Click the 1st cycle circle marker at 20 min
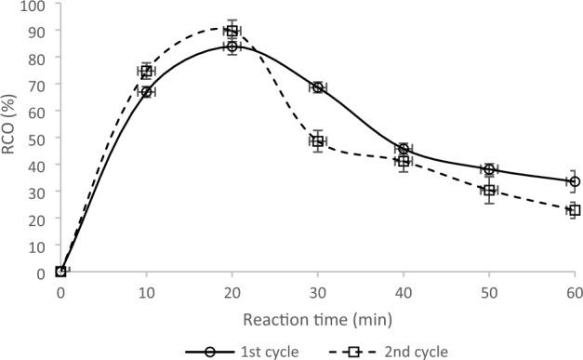click(232, 47)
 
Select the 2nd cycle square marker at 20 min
click(232, 31)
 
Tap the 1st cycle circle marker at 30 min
click(317, 87)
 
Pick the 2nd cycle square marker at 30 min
click(317, 141)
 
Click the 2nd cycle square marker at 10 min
click(146, 72)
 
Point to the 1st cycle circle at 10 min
click(146, 92)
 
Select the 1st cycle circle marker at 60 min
click(574, 181)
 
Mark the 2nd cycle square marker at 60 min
click(574, 210)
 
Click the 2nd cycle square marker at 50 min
click(488, 191)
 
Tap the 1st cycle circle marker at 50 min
click(488, 169)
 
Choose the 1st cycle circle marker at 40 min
click(403, 149)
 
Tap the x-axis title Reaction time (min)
click(317, 318)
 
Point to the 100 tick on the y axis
click(35, 5)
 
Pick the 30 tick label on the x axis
click(317, 293)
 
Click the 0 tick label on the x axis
click(60, 293)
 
